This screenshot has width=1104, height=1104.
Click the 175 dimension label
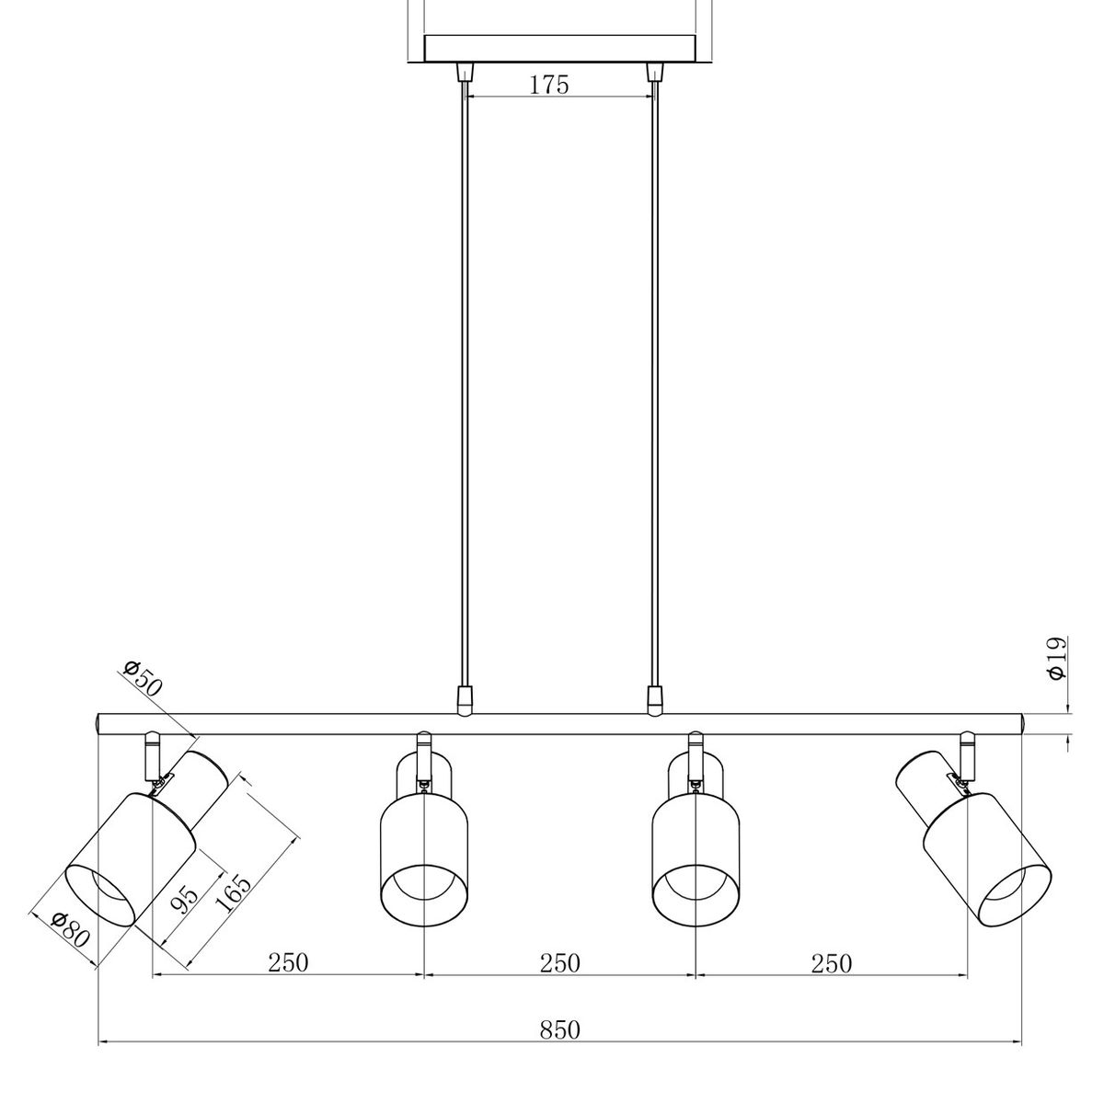[549, 85]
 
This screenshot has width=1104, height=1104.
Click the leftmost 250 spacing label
[288, 962]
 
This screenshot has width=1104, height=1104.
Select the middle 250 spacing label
[559, 962]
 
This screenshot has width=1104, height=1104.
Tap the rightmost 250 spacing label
[832, 963]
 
